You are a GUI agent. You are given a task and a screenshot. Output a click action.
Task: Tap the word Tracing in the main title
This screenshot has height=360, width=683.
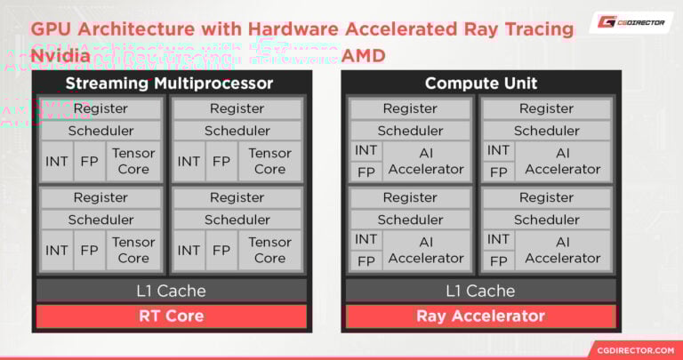pyautogui.click(x=536, y=28)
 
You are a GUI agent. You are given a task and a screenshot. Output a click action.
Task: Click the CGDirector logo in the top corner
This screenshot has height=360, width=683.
pyautogui.click(x=631, y=24)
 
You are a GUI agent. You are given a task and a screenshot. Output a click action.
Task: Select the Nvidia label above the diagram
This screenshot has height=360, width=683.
pyautogui.click(x=60, y=55)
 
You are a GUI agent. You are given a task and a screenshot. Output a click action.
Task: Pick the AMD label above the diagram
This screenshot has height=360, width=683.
pyautogui.click(x=364, y=55)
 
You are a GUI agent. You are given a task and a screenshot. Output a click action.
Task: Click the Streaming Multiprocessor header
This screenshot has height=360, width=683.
pyautogui.click(x=169, y=84)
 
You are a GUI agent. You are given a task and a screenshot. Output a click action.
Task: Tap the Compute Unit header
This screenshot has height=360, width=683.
pyautogui.click(x=480, y=84)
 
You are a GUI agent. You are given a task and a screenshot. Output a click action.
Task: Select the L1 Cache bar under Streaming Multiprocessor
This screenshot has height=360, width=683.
pyautogui.click(x=171, y=291)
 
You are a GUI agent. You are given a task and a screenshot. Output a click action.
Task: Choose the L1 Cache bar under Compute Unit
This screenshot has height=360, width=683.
pyautogui.click(x=480, y=291)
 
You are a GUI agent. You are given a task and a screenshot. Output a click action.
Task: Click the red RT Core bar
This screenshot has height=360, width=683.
pyautogui.click(x=171, y=316)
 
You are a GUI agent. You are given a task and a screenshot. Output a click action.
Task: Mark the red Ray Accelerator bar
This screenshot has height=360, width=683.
pyautogui.click(x=480, y=316)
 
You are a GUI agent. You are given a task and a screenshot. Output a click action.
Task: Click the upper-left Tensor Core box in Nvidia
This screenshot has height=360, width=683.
pyautogui.click(x=133, y=161)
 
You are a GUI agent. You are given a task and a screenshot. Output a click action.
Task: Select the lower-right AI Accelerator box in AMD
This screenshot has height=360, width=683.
pyautogui.click(x=562, y=249)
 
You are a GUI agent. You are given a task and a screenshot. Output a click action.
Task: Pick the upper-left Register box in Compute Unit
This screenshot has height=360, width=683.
pyautogui.click(x=410, y=108)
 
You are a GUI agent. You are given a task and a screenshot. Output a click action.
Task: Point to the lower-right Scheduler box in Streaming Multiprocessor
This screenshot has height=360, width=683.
pyautogui.click(x=237, y=220)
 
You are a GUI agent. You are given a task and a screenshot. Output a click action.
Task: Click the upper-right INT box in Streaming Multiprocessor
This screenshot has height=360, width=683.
pyautogui.click(x=189, y=161)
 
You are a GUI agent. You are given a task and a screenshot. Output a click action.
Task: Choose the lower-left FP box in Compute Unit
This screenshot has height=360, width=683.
pyautogui.click(x=366, y=260)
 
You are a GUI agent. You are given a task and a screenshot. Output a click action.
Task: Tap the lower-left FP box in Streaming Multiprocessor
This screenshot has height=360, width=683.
pyautogui.click(x=89, y=250)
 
